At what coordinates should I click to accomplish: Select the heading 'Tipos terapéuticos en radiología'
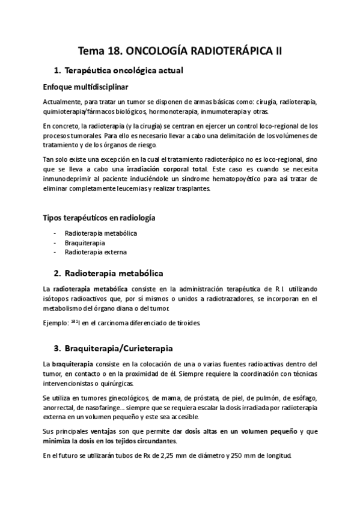[103, 217]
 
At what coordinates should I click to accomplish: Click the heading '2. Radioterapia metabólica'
[109, 274]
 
